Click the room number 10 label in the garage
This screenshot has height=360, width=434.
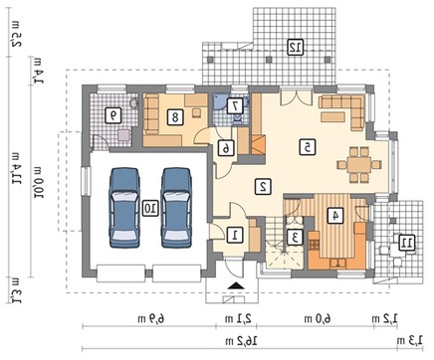[x=150, y=208]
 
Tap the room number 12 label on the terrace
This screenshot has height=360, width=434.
[x=296, y=47]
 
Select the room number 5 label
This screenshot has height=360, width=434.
[x=308, y=147]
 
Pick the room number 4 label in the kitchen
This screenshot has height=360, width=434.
[x=335, y=216]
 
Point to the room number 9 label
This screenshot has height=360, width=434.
[x=113, y=115]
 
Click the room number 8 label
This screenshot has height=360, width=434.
[x=175, y=116]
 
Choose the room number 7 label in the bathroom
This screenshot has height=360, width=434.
[x=235, y=106]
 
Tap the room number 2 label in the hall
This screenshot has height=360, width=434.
[x=263, y=187]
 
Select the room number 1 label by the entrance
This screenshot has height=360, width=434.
[x=235, y=235]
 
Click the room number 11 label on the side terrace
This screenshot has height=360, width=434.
[x=406, y=243]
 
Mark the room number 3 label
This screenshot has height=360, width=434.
[x=295, y=238]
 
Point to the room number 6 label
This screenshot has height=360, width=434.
[x=226, y=148]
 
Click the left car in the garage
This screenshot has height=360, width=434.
[x=124, y=208]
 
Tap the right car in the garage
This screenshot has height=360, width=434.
[x=176, y=208]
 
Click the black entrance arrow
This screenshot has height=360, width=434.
[x=236, y=285]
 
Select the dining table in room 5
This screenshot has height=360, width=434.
[x=359, y=165]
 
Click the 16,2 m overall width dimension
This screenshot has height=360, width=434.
[x=241, y=340]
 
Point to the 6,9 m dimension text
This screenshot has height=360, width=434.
[x=151, y=319]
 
